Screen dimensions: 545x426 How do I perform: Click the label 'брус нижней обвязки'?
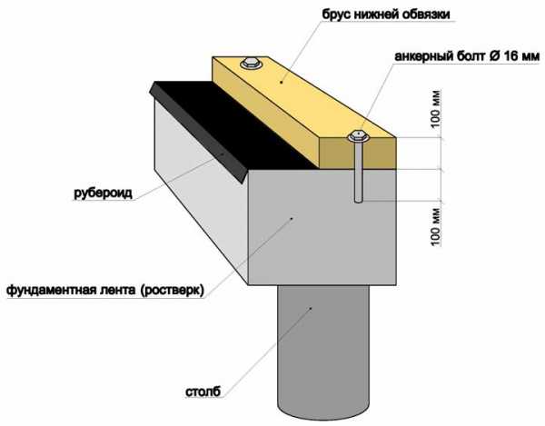(x=386, y=15)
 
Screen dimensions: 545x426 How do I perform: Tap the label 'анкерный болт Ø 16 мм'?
(x=467, y=56)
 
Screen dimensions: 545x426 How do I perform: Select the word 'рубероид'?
(x=103, y=193)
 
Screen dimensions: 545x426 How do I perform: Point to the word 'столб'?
(x=203, y=391)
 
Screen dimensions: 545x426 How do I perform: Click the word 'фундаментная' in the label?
(x=51, y=290)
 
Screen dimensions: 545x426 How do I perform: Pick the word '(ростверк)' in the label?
(x=172, y=290)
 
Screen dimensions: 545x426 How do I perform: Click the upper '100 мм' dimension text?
(x=435, y=109)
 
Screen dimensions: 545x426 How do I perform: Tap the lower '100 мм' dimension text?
(x=435, y=227)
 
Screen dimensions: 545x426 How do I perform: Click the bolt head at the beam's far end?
(x=251, y=64)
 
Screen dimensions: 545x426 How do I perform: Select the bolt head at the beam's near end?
(x=358, y=136)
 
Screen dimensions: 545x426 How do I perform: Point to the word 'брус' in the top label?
(x=336, y=15)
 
